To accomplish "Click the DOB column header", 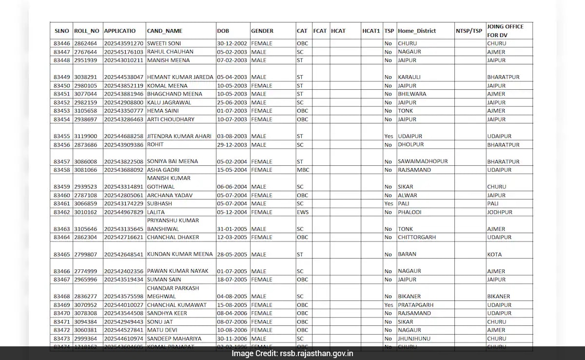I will point(223,31).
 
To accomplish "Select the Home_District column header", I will point(417,31).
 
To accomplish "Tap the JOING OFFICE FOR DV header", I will point(505,31).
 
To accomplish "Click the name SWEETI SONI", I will point(164,43).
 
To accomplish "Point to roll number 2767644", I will point(85,52).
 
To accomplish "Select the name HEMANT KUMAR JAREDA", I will point(180,77).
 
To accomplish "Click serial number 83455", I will point(62,137).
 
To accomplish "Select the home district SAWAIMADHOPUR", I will point(423,161).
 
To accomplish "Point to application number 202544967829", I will point(124,212).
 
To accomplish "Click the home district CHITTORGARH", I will point(417,238).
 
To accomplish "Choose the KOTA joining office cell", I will point(494,255).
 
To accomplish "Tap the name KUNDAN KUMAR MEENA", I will point(180,254).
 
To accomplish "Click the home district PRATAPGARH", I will point(415,305).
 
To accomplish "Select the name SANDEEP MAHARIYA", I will point(171,339).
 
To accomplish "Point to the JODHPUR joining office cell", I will point(500,212).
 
